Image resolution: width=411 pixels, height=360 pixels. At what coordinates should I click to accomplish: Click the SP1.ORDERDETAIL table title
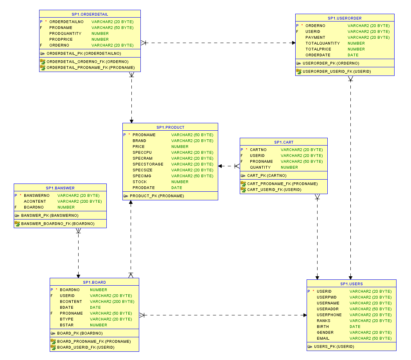click(x=90, y=14)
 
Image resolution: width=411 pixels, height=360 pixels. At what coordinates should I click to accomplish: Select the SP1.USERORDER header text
click(x=345, y=18)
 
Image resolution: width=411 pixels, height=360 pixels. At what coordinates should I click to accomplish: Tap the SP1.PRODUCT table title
click(x=170, y=127)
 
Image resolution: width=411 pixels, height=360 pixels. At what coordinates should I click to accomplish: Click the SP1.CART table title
click(x=284, y=142)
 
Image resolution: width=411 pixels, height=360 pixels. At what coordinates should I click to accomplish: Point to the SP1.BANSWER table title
click(x=60, y=188)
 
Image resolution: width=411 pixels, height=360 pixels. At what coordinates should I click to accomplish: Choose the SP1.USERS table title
click(x=351, y=284)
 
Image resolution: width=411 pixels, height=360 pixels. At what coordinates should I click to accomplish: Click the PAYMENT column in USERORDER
click(x=315, y=38)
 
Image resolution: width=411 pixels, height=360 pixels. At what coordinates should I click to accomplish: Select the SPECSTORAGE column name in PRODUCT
click(x=148, y=164)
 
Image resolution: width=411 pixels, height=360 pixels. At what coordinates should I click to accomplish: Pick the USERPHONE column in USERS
click(x=329, y=315)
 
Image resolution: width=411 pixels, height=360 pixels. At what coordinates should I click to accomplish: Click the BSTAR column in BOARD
click(x=66, y=325)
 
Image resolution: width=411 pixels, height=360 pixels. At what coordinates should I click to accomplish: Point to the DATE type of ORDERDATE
click(x=353, y=55)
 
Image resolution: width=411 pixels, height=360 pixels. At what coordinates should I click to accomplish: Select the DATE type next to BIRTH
click(x=355, y=327)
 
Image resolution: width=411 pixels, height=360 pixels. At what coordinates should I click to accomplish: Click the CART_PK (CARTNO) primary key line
click(x=267, y=176)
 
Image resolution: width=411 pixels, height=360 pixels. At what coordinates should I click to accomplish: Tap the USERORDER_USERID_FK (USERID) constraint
click(x=337, y=72)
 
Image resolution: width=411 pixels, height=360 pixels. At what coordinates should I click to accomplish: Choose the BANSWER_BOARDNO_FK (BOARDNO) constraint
click(x=57, y=224)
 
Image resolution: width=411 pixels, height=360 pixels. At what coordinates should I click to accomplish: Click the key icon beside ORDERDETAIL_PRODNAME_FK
click(x=43, y=68)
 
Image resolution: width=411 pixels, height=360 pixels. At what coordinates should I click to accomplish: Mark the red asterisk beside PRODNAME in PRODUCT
click(x=129, y=135)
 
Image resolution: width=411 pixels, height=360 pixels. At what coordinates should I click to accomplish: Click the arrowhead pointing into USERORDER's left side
click(x=293, y=43)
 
